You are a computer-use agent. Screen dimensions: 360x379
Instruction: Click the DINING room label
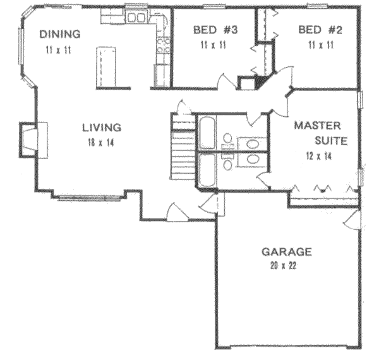60,34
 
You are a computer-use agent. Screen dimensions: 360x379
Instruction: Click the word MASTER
317,125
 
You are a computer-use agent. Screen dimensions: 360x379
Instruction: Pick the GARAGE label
287,252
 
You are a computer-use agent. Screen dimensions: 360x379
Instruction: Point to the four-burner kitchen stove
164,44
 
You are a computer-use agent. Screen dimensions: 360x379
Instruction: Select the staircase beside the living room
183,152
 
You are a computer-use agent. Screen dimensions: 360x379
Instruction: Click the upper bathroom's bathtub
207,132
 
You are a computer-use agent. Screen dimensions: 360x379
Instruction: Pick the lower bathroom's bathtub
207,171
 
